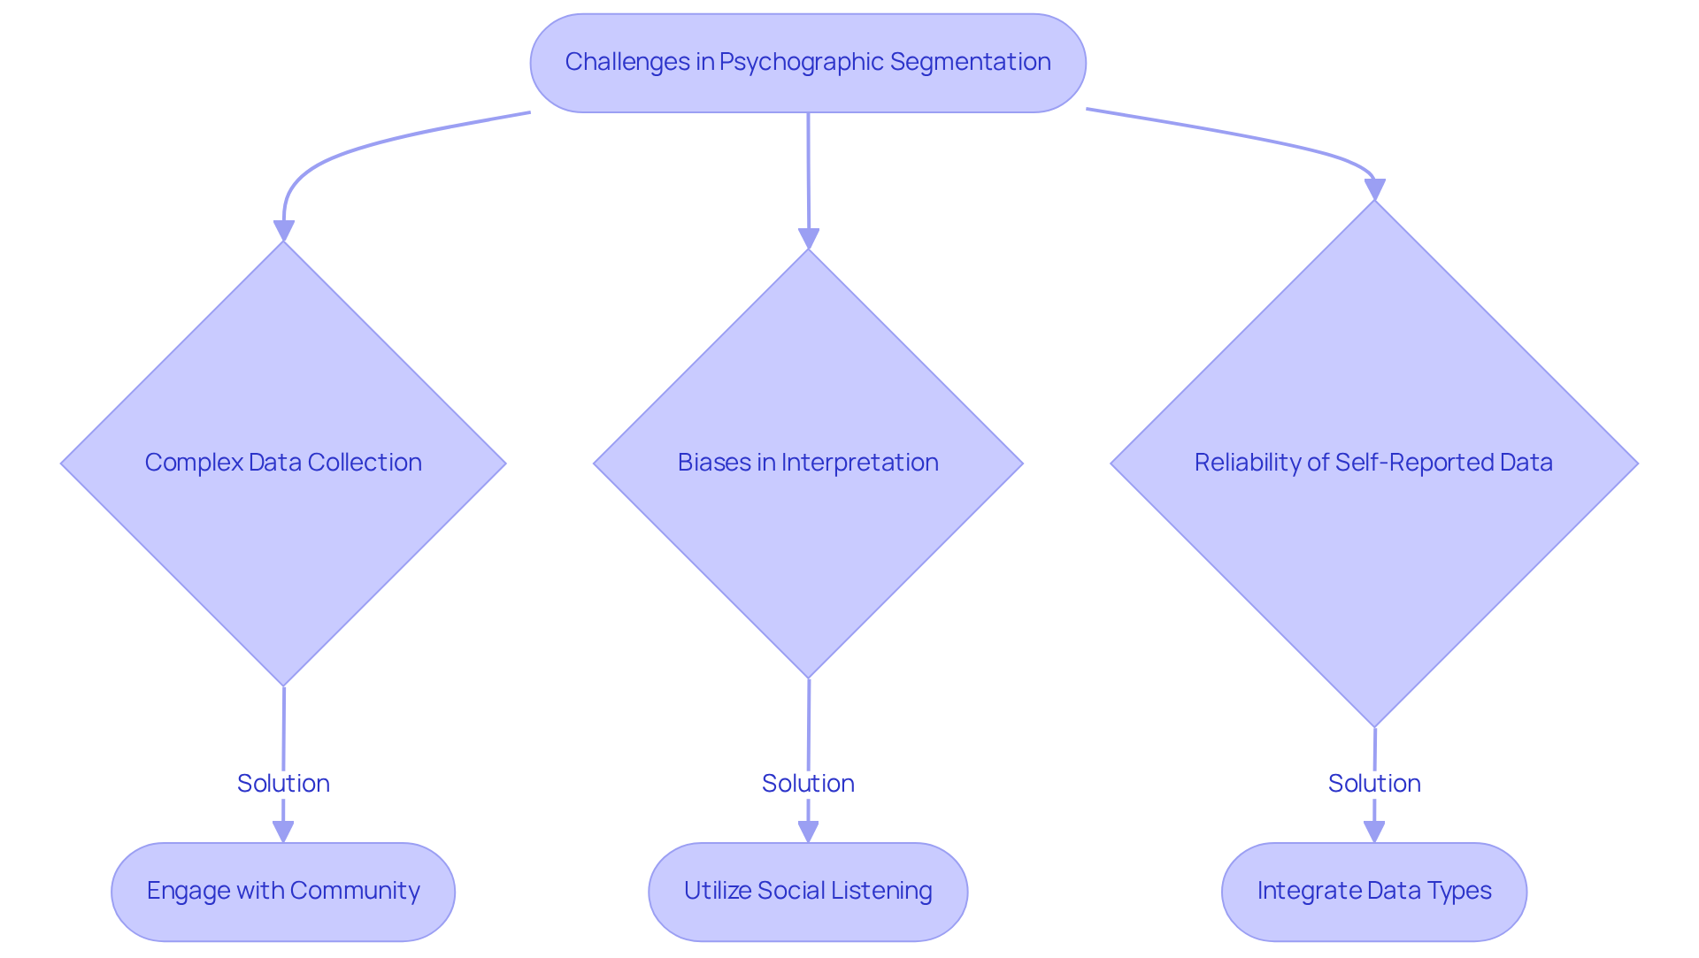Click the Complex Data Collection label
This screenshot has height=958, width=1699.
(x=283, y=463)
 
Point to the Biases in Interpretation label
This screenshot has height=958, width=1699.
(x=808, y=463)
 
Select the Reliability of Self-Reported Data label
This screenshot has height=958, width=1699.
(x=1373, y=463)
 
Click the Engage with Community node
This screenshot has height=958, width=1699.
(x=283, y=891)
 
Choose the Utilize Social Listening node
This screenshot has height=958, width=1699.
(x=808, y=891)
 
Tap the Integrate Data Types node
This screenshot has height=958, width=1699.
(x=1374, y=891)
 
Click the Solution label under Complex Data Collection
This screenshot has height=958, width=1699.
(x=283, y=784)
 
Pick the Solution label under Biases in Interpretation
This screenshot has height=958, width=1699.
(x=808, y=784)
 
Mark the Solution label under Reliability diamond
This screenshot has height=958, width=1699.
(x=1374, y=784)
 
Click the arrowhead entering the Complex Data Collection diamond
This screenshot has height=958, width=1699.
(x=283, y=231)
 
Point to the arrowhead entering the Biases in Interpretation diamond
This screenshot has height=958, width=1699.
(x=809, y=239)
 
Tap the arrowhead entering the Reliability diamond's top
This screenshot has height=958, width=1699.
(x=1374, y=190)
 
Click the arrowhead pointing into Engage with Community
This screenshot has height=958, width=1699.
(x=283, y=832)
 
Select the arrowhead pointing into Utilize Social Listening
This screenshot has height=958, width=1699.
(x=808, y=832)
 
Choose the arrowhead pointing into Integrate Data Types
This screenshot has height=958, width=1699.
(x=1374, y=832)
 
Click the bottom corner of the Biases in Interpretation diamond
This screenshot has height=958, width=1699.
(x=809, y=677)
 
